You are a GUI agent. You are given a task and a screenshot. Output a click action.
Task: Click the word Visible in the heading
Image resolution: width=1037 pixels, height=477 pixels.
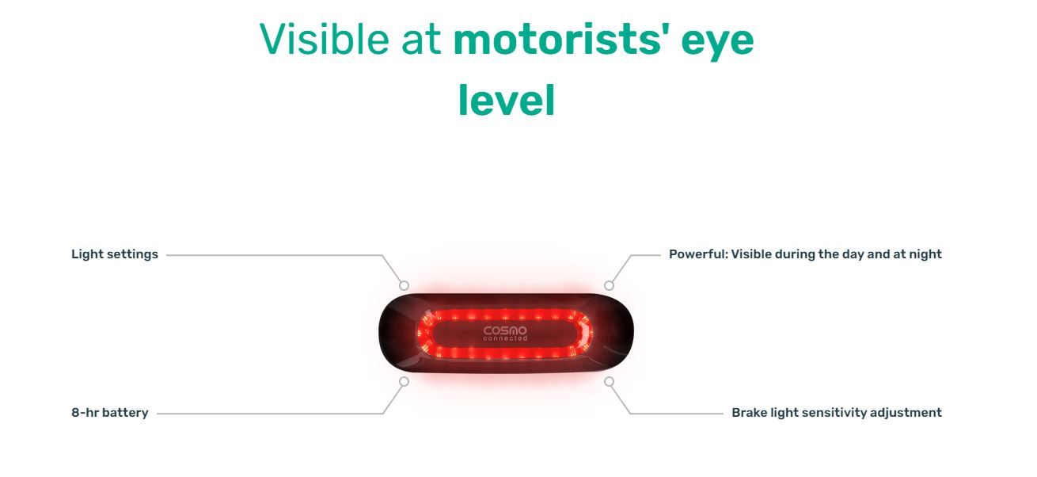pyautogui.click(x=324, y=40)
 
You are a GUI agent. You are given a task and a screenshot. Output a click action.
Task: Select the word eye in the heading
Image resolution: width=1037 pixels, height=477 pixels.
pyautogui.click(x=717, y=44)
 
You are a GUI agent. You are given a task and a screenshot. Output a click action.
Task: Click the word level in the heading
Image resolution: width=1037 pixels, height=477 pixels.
pyautogui.click(x=507, y=100)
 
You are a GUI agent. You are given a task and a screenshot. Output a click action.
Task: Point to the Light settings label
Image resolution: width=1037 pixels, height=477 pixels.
pyautogui.click(x=114, y=254)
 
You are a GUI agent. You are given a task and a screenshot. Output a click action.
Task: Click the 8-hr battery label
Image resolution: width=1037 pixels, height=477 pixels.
pyautogui.click(x=110, y=413)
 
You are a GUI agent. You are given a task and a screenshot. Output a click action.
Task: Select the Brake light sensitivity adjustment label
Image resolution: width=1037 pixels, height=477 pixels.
pyautogui.click(x=837, y=413)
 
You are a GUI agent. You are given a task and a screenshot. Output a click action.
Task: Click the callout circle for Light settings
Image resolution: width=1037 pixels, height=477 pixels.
pyautogui.click(x=405, y=285)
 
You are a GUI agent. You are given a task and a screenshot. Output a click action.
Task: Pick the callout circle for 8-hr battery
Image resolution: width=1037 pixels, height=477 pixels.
pyautogui.click(x=405, y=381)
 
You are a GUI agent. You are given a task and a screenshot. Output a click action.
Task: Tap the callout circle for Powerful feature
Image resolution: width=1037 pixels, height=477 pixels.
pyautogui.click(x=610, y=285)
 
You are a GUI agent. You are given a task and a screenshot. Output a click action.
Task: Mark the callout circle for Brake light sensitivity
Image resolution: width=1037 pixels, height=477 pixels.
pyautogui.click(x=610, y=381)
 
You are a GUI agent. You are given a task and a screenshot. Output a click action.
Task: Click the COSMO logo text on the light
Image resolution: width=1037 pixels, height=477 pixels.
pyautogui.click(x=505, y=330)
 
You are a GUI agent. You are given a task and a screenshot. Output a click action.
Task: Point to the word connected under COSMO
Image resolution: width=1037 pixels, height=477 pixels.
pyautogui.click(x=505, y=338)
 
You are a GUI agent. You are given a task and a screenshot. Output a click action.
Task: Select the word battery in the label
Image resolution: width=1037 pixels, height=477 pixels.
pyautogui.click(x=125, y=413)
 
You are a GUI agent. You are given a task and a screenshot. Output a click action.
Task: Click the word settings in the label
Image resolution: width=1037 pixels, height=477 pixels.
pyautogui.click(x=132, y=254)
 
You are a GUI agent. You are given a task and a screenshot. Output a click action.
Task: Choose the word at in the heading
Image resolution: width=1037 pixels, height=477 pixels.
pyautogui.click(x=421, y=40)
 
